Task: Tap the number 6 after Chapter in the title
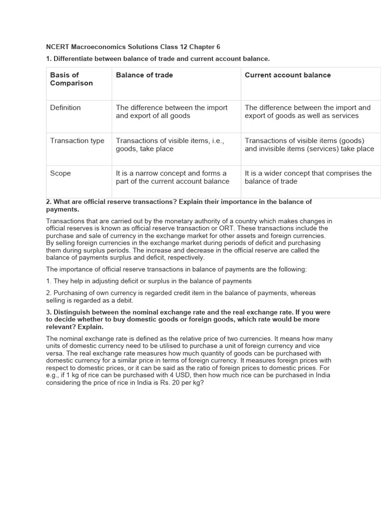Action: [218, 47]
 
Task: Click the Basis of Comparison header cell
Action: [71, 79]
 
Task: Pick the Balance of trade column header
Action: [144, 75]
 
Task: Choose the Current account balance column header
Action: [288, 75]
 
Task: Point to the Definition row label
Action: [65, 108]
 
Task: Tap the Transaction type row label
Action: [77, 141]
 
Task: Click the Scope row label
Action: [61, 174]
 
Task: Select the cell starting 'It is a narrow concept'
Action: [173, 178]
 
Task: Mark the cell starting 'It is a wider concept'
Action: [308, 178]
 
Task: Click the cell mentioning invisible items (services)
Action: [309, 145]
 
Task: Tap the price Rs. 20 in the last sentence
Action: [174, 383]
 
